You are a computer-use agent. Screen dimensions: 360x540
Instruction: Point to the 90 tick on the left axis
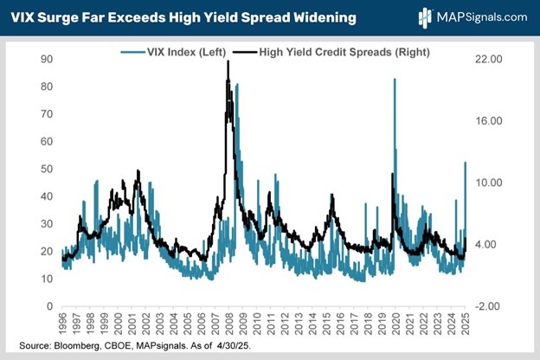point(47,59)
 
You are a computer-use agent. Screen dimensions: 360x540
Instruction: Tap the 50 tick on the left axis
point(47,169)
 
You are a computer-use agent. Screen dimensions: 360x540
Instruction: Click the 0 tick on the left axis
point(49,306)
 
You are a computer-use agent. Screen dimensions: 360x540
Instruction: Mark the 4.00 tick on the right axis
point(491,245)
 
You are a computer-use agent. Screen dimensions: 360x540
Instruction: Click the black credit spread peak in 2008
point(228,62)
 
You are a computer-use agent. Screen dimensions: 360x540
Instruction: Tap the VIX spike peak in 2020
point(395,80)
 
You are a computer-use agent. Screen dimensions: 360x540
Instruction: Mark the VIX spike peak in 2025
point(466,163)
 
